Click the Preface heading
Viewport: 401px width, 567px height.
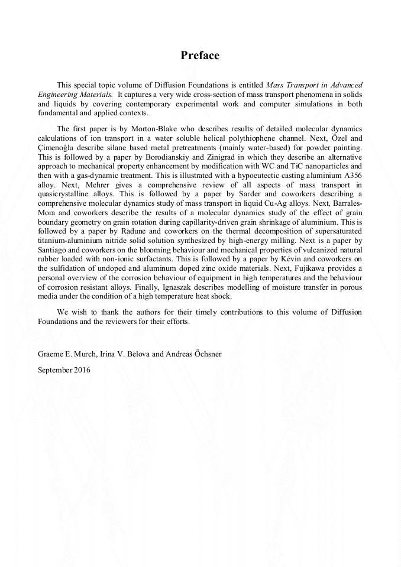[x=200, y=56]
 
